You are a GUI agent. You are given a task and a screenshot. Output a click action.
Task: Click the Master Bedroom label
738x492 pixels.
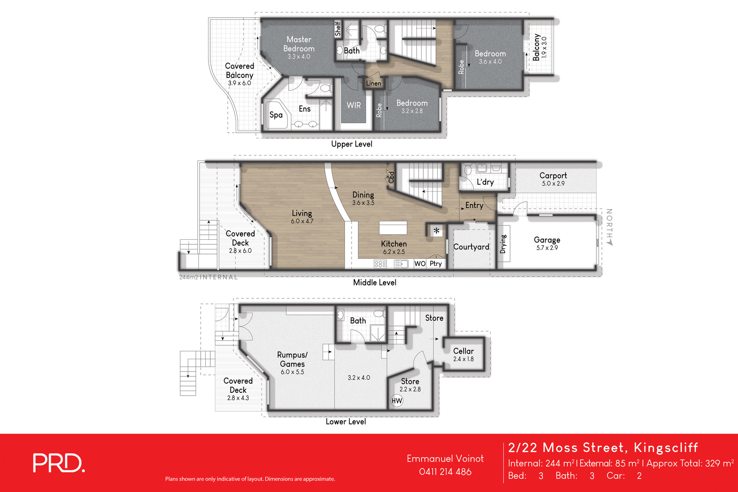coord(299,44)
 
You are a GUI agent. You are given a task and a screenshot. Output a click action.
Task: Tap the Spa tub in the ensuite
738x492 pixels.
coord(276,115)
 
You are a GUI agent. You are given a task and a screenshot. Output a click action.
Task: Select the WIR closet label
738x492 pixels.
coord(354,105)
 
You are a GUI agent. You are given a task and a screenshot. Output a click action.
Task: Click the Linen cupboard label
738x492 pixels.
coord(374,83)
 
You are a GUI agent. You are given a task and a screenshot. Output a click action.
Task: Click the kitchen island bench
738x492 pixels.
coord(393,228)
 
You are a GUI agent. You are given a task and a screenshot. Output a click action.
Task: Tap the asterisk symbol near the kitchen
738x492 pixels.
coord(436,231)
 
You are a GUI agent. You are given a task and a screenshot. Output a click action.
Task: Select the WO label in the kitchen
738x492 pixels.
coord(420,264)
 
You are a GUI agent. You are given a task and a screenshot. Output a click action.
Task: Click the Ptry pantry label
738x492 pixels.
coord(436,264)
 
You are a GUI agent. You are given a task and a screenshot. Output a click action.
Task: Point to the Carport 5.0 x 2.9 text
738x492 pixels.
coord(553,179)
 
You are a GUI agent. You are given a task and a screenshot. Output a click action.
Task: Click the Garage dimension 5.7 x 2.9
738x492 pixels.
coord(547,248)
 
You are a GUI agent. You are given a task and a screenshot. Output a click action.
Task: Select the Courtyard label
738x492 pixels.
coord(471,247)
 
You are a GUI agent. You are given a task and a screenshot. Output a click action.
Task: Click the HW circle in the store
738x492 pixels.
coord(397,401)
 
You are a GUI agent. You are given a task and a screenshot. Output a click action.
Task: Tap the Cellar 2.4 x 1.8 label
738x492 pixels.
coord(463,355)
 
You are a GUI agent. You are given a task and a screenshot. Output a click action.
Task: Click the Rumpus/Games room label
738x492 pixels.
coord(292,359)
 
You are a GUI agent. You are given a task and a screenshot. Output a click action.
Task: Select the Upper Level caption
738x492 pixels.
coord(351,144)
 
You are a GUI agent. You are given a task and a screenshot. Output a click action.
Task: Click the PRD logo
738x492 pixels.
coord(59,463)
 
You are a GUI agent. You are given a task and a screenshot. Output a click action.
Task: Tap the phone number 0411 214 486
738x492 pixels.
coord(445,472)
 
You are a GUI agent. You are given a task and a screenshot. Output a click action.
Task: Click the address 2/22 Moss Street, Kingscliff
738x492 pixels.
coord(603,448)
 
